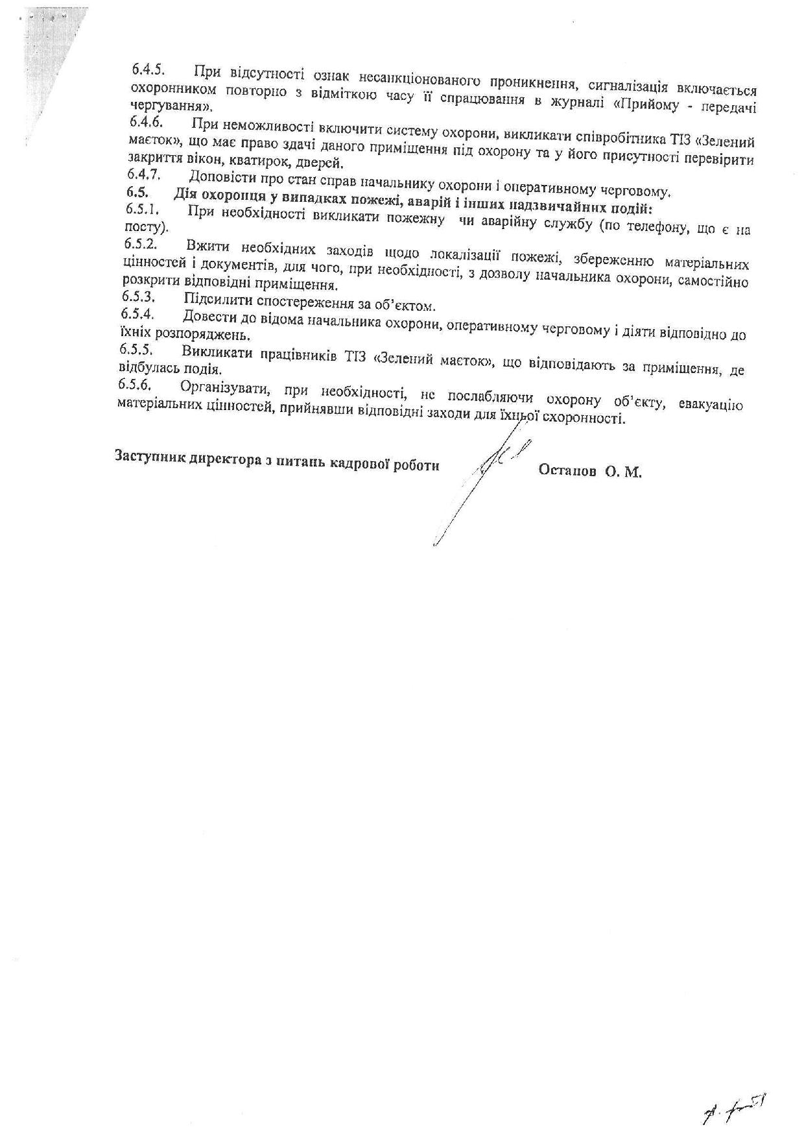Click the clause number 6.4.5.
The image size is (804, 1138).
[147, 69]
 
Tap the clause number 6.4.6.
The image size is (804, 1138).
[145, 121]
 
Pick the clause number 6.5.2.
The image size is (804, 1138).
[140, 244]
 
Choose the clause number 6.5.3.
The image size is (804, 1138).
[138, 297]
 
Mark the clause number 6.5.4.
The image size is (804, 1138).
[137, 314]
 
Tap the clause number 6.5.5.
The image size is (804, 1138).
[136, 349]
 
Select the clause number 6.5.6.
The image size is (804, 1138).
[136, 384]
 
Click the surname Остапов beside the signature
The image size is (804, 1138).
[567, 472]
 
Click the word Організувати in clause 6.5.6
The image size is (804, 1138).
[221, 387]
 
